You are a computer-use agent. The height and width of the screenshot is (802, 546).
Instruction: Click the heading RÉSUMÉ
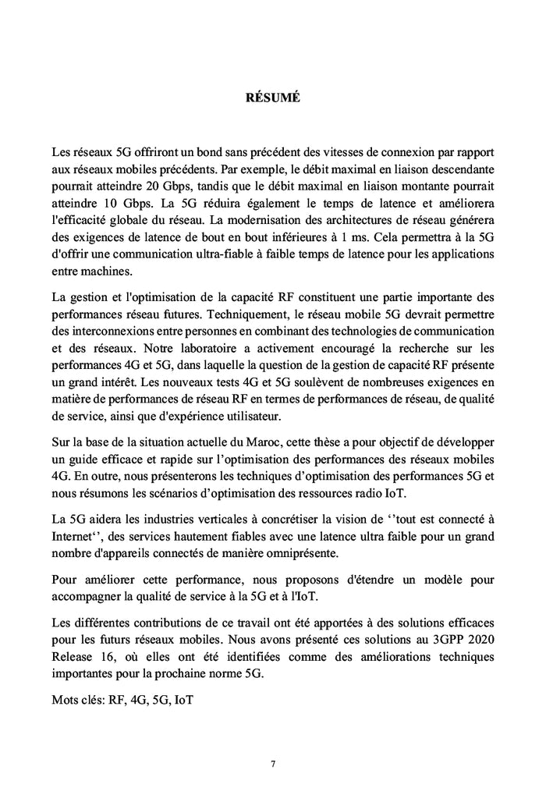(273, 99)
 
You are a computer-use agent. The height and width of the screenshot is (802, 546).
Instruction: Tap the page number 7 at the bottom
(272, 764)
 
